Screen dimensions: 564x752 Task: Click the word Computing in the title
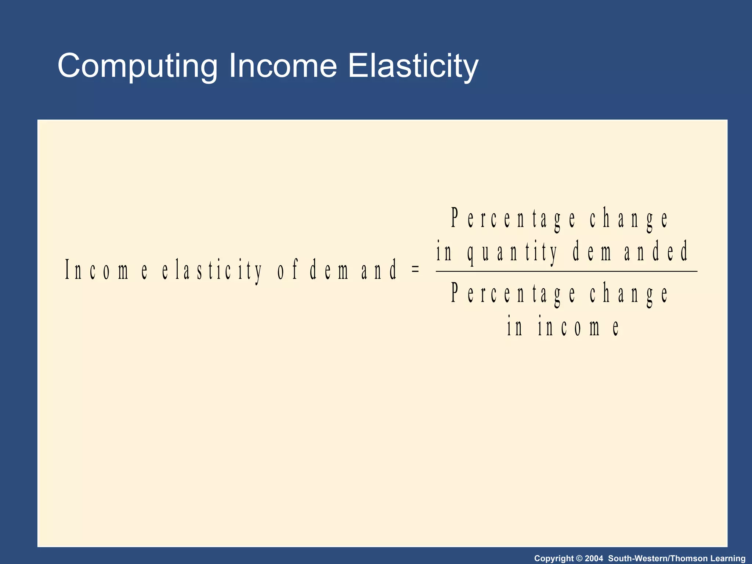138,66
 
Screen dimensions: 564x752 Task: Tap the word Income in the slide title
282,66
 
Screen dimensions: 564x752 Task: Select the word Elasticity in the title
413,66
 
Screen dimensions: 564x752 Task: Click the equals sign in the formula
415,269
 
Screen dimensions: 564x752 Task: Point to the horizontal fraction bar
566,271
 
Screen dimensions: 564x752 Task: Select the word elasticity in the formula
212,270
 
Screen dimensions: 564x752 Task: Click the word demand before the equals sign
353,270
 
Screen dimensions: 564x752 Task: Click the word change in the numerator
629,218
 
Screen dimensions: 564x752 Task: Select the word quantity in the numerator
513,252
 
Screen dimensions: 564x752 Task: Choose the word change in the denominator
629,294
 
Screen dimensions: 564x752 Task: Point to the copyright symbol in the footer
579,558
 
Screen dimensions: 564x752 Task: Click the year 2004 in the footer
594,558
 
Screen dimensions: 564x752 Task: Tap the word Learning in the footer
728,558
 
